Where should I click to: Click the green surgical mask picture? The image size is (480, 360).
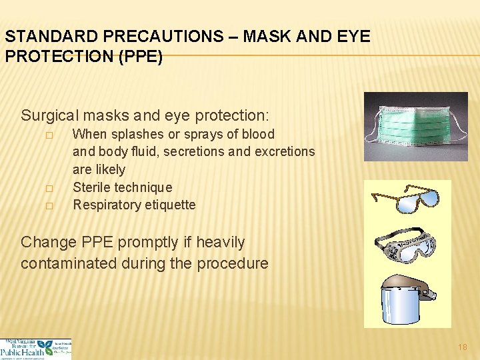(x=416, y=127)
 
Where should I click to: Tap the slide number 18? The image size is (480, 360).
(x=463, y=347)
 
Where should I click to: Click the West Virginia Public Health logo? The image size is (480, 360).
(x=35, y=348)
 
